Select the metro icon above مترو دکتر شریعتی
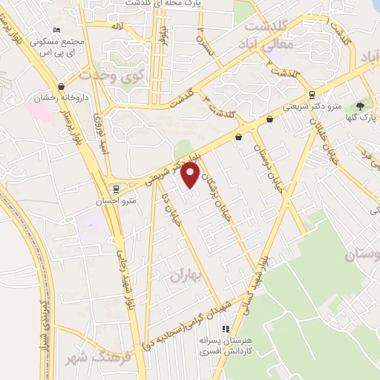311,95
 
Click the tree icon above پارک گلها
361,107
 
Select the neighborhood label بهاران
186,276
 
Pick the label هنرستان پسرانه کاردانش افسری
226,345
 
